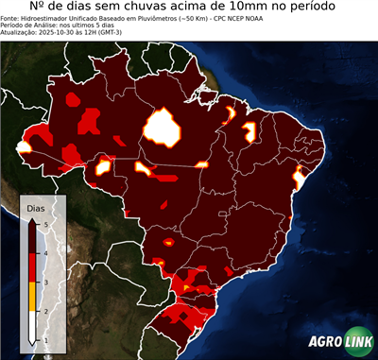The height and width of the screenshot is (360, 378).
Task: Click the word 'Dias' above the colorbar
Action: tap(35, 207)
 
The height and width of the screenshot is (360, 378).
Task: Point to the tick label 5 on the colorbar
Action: tap(45, 221)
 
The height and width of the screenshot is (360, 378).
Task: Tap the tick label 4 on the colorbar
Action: tap(45, 252)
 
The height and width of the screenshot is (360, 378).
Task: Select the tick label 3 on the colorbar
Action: tap(45, 282)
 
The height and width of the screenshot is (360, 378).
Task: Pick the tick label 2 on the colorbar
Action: tap(45, 310)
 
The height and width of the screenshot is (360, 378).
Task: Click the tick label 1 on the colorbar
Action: tap(45, 339)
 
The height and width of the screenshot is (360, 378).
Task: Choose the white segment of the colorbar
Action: tap(33, 325)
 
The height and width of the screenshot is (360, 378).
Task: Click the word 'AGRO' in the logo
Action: tap(324, 343)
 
